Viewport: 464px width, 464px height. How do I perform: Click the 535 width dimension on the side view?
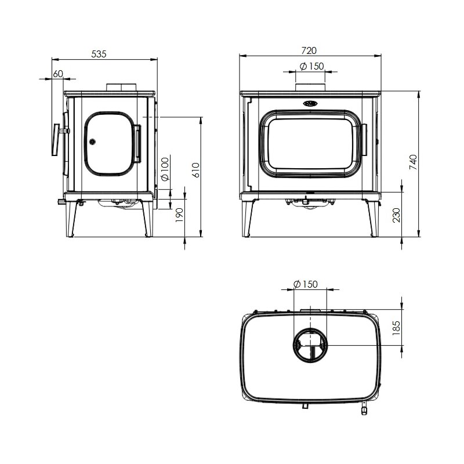point(99,54)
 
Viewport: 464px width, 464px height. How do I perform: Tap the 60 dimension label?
point(57,74)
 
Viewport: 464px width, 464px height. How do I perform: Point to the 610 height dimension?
point(196,169)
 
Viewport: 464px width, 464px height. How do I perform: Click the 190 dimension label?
point(179,215)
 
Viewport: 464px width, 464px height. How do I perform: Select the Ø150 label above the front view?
point(311,66)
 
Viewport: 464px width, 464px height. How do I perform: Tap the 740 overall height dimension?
point(413,162)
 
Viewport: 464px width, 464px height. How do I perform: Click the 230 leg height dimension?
point(396,215)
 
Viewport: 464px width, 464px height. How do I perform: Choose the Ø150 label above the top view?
point(306,284)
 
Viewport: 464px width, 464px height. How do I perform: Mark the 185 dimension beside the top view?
point(397,327)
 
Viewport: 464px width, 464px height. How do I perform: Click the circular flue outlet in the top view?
point(310,344)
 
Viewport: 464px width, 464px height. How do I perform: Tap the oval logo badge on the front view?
point(310,104)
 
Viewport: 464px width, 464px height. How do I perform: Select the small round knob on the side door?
point(92,140)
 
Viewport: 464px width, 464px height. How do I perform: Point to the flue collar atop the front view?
point(311,88)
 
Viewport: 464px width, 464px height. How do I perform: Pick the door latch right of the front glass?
point(365,140)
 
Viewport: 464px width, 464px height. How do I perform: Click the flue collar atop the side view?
point(121,88)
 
